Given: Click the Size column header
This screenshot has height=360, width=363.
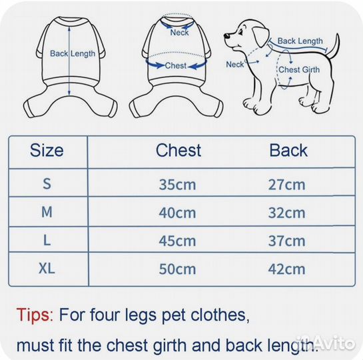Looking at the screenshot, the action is (x=47, y=151).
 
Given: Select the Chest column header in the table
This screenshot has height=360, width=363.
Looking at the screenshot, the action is (x=179, y=151).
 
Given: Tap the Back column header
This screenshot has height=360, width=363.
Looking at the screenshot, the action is (x=288, y=151).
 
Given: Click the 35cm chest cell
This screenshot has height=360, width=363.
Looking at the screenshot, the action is (x=177, y=185).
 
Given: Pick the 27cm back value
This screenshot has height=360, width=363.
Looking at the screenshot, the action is (x=286, y=185).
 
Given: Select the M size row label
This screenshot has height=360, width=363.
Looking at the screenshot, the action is (x=47, y=212).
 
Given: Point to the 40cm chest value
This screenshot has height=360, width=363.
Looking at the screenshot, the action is (x=177, y=213).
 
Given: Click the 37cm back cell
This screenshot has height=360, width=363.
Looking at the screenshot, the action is (x=286, y=241).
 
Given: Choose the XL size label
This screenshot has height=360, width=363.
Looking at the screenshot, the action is (x=47, y=269).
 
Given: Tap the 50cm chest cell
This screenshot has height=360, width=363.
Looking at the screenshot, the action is (x=177, y=269).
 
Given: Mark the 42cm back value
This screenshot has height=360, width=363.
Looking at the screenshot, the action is (x=286, y=269).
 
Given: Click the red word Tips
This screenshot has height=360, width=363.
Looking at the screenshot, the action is (x=35, y=315).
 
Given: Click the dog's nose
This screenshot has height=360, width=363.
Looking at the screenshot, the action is (x=227, y=36).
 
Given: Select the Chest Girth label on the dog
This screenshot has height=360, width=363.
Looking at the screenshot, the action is (x=299, y=70).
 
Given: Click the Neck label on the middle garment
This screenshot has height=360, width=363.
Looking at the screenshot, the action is (x=179, y=33).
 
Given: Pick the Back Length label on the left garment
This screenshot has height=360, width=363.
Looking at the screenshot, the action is (x=73, y=54).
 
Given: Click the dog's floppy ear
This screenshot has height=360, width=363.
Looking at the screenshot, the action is (x=260, y=37).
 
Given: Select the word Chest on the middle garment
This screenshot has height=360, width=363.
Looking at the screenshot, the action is (x=176, y=65).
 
